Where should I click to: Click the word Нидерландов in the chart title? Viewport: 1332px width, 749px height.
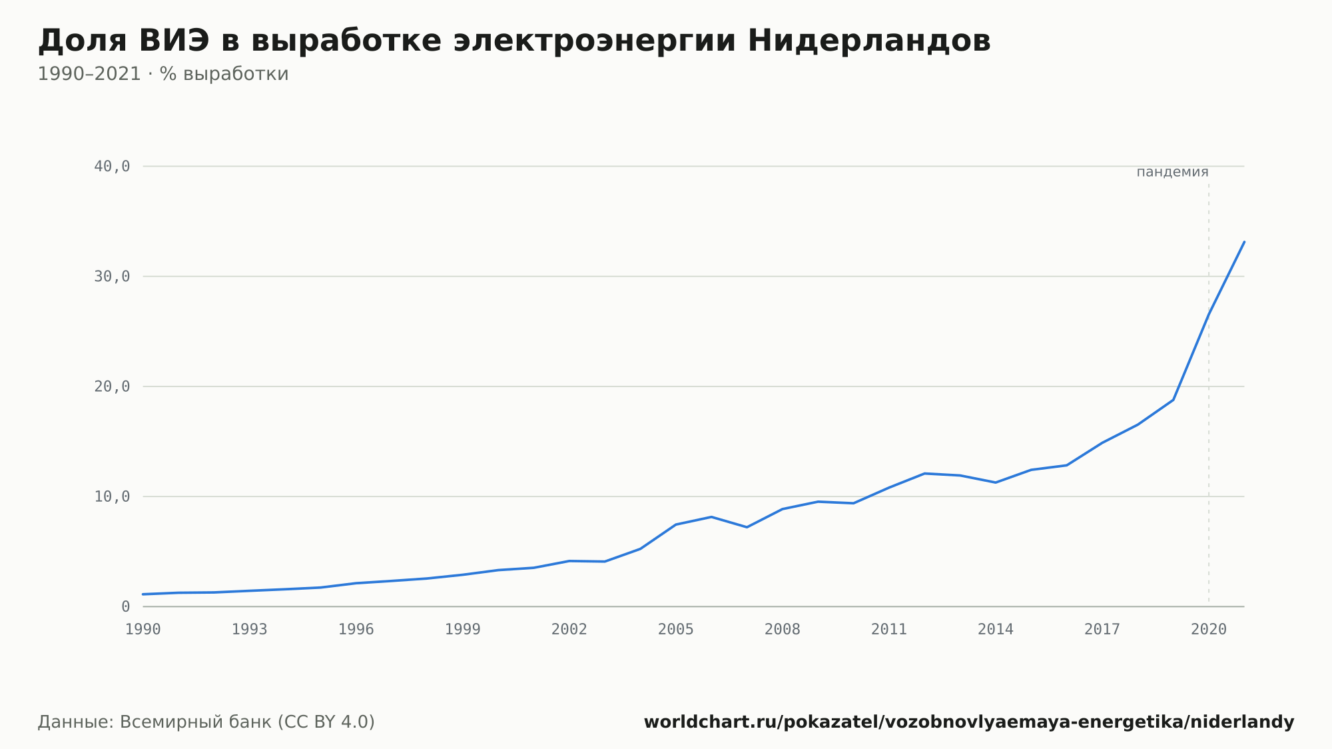(869, 41)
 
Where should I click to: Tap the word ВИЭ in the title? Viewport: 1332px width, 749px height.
(174, 41)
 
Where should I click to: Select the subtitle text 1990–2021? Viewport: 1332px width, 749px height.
(89, 74)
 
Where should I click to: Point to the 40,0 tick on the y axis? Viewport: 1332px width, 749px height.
(112, 167)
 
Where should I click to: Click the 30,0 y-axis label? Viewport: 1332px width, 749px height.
(112, 277)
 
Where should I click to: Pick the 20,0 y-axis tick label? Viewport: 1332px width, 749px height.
(112, 386)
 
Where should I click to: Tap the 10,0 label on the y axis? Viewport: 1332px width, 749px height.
(112, 496)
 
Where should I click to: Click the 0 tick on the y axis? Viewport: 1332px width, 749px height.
(126, 606)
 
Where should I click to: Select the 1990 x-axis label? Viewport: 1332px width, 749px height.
(143, 630)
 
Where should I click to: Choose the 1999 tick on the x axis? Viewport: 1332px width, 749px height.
(463, 630)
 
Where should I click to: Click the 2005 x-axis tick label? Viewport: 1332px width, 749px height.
(676, 630)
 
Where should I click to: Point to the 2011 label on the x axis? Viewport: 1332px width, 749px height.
(889, 630)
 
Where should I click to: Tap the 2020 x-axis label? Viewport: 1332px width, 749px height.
(1209, 630)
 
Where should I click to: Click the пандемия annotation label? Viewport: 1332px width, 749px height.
(1172, 172)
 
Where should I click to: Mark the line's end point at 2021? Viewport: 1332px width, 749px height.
(1244, 242)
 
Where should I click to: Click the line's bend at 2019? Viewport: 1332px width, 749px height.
(1173, 400)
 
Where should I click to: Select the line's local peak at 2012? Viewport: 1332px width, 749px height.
(924, 473)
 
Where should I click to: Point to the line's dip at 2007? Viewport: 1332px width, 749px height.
(747, 527)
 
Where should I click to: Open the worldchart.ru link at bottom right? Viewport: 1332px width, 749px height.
(969, 722)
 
